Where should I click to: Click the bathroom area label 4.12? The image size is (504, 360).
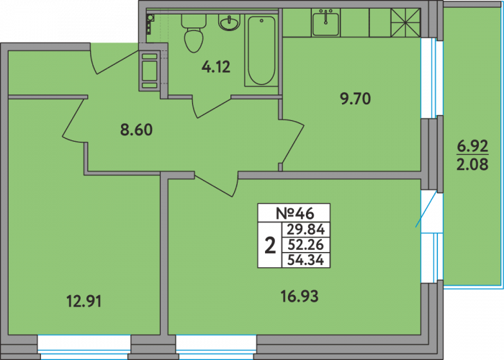coord(216,67)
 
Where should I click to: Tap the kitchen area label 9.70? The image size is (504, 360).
coord(356,99)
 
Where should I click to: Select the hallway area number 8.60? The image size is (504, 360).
coord(136,130)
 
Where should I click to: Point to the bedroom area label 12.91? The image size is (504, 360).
coord(84,302)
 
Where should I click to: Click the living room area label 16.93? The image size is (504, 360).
coord(300,296)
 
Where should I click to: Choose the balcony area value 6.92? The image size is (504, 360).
coord(472,147)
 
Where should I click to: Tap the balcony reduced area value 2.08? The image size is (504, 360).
coord(472,164)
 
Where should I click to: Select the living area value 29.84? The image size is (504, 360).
coord(306,230)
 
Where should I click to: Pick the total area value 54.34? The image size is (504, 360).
coord(306,260)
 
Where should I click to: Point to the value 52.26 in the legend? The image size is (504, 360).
coord(306,245)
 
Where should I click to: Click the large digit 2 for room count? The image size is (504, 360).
coord(270,245)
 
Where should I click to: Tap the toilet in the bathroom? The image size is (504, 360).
coord(194,33)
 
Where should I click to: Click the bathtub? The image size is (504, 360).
coord(261,50)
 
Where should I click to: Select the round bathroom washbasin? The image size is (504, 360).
coord(229,22)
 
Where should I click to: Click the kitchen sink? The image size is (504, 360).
coord(325,22)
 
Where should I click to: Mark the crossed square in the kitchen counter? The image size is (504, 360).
coord(405,22)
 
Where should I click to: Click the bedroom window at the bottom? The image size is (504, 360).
coord(84,347)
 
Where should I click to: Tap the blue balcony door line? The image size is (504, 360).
coord(426,210)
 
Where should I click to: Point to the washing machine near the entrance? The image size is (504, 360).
coord(150,71)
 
